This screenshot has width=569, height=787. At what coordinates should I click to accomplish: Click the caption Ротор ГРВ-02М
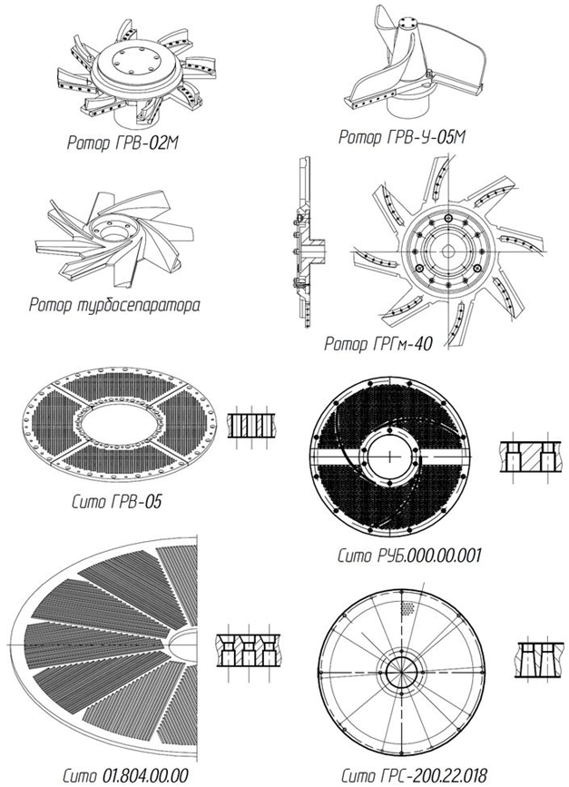pos(123,143)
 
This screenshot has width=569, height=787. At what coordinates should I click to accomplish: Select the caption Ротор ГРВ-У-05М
pos(402,136)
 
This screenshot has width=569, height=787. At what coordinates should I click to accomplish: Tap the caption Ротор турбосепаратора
pos(113,304)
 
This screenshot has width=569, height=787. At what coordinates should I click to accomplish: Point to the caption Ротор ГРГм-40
pos(378,344)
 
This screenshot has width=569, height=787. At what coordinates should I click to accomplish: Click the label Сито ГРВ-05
pos(117,501)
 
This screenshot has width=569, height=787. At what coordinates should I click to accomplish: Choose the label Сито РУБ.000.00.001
pos(409,556)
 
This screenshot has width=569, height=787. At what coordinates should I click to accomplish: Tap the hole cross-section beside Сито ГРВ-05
pos(250,425)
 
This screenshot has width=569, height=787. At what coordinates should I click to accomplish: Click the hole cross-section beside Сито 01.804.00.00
pos(248,650)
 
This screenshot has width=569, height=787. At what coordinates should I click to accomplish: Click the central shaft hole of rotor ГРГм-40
pos(446,250)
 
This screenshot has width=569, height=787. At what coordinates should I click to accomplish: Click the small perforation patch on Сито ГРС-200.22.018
pos(409,607)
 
